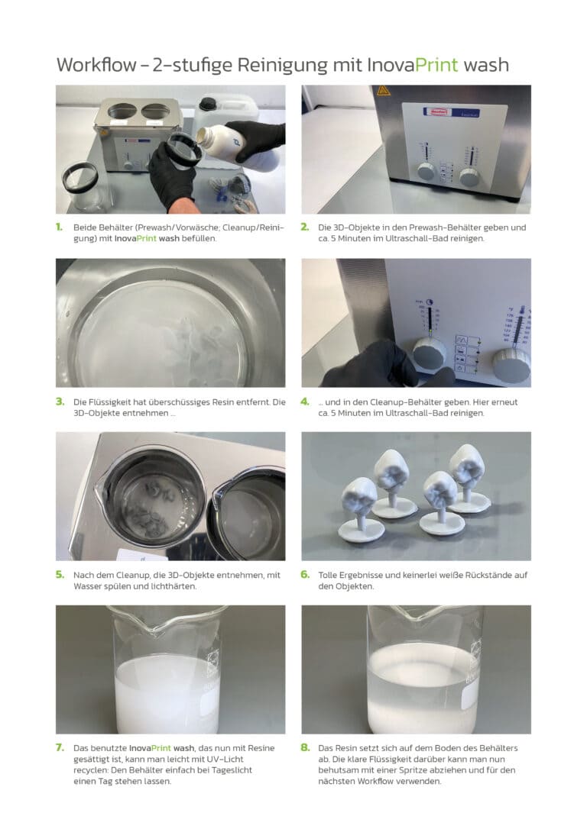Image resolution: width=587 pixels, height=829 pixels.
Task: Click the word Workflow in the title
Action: coord(96,64)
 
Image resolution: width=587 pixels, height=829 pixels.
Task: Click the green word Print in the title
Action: coord(436,64)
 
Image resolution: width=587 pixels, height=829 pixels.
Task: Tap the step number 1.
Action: coord(60,227)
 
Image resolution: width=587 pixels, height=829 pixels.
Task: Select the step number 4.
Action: coord(305,402)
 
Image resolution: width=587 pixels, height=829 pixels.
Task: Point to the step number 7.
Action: coord(60,747)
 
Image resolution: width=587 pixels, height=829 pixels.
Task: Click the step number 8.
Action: coord(305,747)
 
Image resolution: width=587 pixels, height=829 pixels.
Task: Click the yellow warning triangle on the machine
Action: coord(383,90)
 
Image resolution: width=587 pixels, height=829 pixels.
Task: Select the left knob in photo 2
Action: coord(426,172)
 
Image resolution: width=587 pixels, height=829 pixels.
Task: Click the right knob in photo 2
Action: coord(469,177)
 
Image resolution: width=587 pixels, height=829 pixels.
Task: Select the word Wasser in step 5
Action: coord(87,586)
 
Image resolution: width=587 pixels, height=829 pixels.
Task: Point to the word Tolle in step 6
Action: coord(328,575)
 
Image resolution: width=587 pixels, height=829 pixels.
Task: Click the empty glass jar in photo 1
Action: coord(80,186)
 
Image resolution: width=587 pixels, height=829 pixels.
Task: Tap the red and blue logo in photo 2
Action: coord(442,111)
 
